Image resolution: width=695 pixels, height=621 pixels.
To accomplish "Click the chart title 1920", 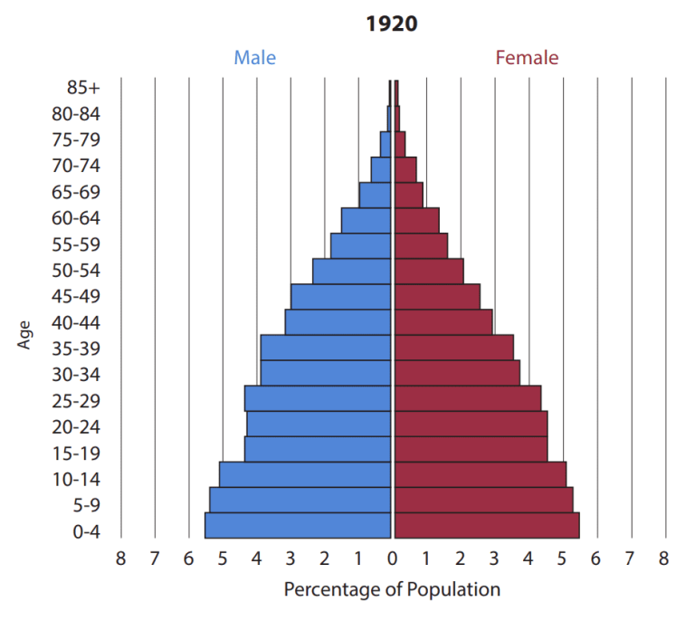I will pyautogui.click(x=392, y=24).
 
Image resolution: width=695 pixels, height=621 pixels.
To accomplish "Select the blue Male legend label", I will pyautogui.click(x=255, y=58).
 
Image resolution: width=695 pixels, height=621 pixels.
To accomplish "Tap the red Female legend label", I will pyautogui.click(x=527, y=58).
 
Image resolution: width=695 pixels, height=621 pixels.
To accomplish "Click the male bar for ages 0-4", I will pyautogui.click(x=298, y=526).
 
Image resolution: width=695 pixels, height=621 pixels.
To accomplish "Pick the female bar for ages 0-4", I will pyautogui.click(x=487, y=526).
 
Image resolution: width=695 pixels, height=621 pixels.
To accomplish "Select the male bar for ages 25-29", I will pyautogui.click(x=318, y=398).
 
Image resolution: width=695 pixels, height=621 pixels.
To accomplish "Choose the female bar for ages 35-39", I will pyautogui.click(x=454, y=348).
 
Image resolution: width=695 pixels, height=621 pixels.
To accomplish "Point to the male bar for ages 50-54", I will pyautogui.click(x=352, y=271).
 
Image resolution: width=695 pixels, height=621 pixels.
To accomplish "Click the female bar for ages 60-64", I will pyautogui.click(x=416, y=220).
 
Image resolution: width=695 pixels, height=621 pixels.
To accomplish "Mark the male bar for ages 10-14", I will pyautogui.click(x=305, y=474).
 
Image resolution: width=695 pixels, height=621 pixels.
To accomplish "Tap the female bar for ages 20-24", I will pyautogui.click(x=471, y=424).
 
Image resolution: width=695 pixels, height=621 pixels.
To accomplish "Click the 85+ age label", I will pyautogui.click(x=83, y=88).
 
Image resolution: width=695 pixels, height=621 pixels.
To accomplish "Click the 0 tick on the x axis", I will pyautogui.click(x=392, y=559).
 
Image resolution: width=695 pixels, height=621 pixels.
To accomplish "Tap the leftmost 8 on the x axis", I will pyautogui.click(x=120, y=559).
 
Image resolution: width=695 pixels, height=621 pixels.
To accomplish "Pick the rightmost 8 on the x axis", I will pyautogui.click(x=664, y=559).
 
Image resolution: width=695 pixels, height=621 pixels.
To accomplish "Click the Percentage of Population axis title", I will pyautogui.click(x=392, y=590).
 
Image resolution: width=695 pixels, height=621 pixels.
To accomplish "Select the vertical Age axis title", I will pyautogui.click(x=24, y=334).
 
